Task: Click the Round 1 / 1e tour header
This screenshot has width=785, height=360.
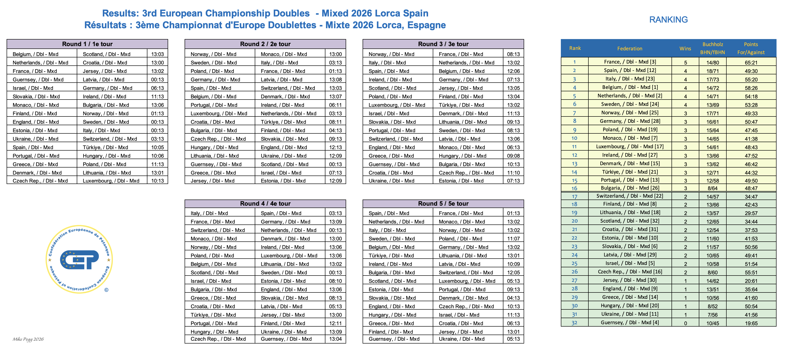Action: pyautogui.click(x=87, y=44)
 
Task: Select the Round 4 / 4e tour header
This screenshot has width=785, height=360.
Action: pyautogui.click(x=265, y=204)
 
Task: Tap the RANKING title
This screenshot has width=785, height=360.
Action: pyautogui.click(x=668, y=20)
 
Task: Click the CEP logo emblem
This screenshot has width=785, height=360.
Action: pyautogui.click(x=79, y=259)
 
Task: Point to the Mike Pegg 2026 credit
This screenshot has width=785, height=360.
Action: pyautogui.click(x=28, y=339)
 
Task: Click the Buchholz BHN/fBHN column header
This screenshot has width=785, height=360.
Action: pyautogui.click(x=712, y=48)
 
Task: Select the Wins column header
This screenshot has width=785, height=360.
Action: pyautogui.click(x=685, y=48)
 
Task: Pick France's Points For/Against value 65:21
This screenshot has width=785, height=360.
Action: pyautogui.click(x=751, y=62)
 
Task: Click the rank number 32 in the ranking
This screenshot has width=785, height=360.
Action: pyautogui.click(x=575, y=323)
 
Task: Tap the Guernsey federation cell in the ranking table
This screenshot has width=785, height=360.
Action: pyautogui.click(x=630, y=323)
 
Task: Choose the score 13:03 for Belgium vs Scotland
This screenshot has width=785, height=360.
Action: pyautogui.click(x=158, y=54)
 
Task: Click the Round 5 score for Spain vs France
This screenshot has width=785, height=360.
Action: pyautogui.click(x=514, y=213)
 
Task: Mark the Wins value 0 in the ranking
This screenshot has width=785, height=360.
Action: pyautogui.click(x=685, y=323)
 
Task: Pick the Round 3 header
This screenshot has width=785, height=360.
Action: pyautogui.click(x=443, y=44)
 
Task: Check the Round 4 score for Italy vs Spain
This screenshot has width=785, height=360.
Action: pyautogui.click(x=336, y=213)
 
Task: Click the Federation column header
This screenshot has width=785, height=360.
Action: pyautogui.click(x=630, y=48)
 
